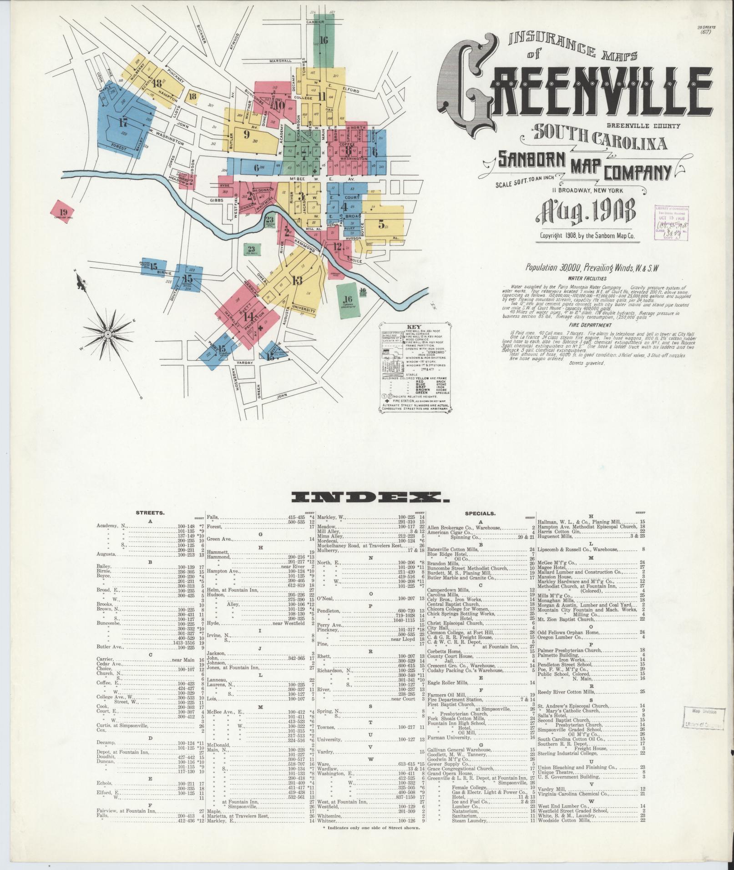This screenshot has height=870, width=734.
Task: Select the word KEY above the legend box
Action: [414, 327]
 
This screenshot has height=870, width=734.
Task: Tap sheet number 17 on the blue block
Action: [122, 122]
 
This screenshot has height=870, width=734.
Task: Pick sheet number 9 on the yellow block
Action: [247, 134]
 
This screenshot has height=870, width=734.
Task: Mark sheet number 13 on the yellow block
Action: [298, 280]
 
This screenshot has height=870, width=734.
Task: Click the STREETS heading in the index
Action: [150, 513]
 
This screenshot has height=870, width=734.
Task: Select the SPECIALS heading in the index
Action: [480, 513]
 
